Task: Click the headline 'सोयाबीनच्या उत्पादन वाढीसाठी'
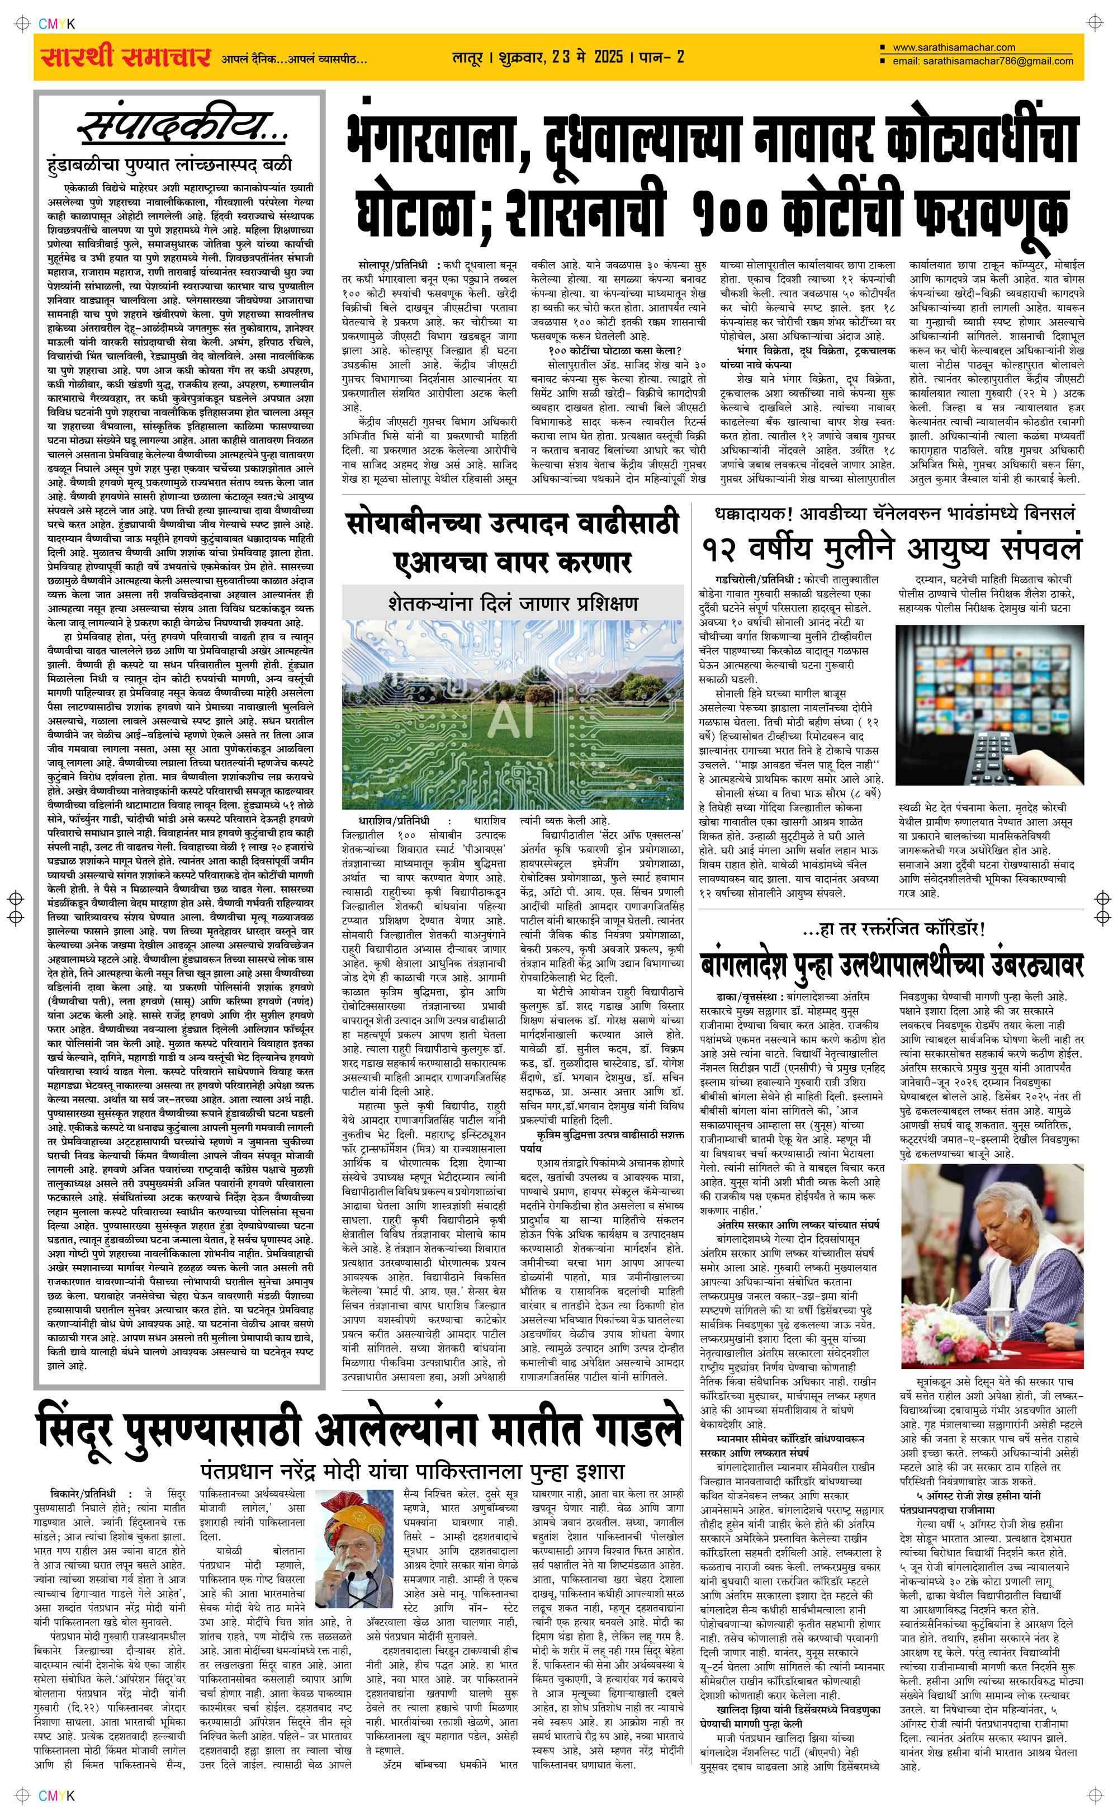point(511,523)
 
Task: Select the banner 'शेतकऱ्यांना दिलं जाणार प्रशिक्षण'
point(511,603)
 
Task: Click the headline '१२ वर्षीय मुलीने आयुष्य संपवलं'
point(892,549)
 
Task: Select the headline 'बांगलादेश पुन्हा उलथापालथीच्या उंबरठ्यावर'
point(892,964)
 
